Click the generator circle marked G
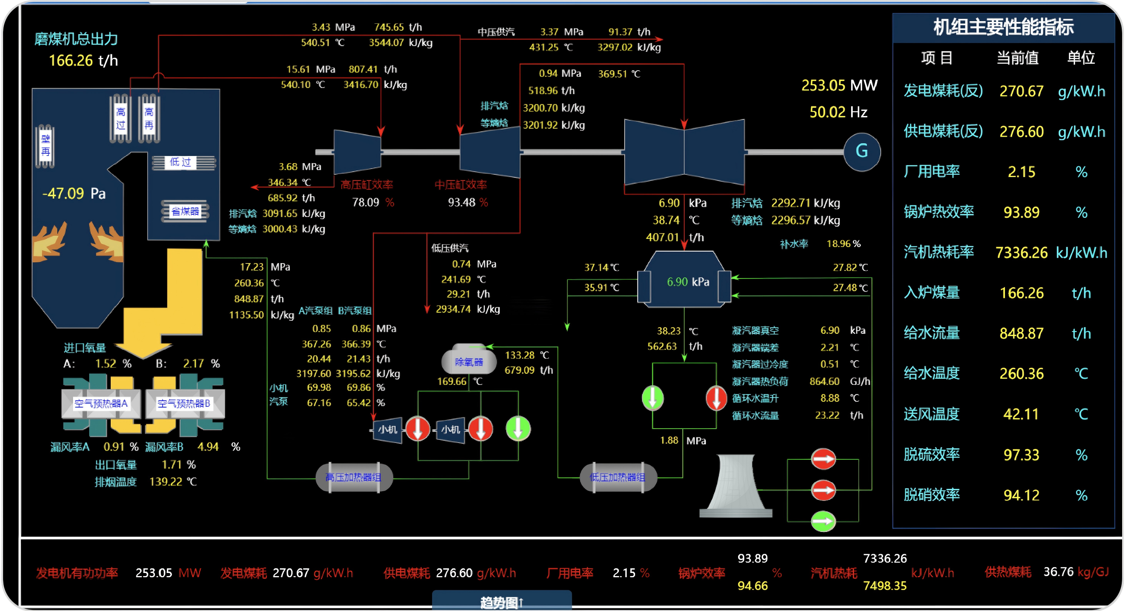(862, 151)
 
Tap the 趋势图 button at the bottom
(501, 602)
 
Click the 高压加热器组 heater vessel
(354, 477)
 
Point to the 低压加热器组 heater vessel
(618, 477)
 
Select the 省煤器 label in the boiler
(185, 211)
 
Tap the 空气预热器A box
(101, 404)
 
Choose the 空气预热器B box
(184, 404)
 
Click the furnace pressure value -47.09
(63, 193)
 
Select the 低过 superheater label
(181, 162)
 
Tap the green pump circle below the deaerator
(518, 429)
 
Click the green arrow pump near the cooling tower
(823, 521)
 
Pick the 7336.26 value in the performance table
(1021, 252)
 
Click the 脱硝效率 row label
(931, 495)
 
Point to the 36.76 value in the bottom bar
(1058, 572)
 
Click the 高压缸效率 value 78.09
(366, 202)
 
